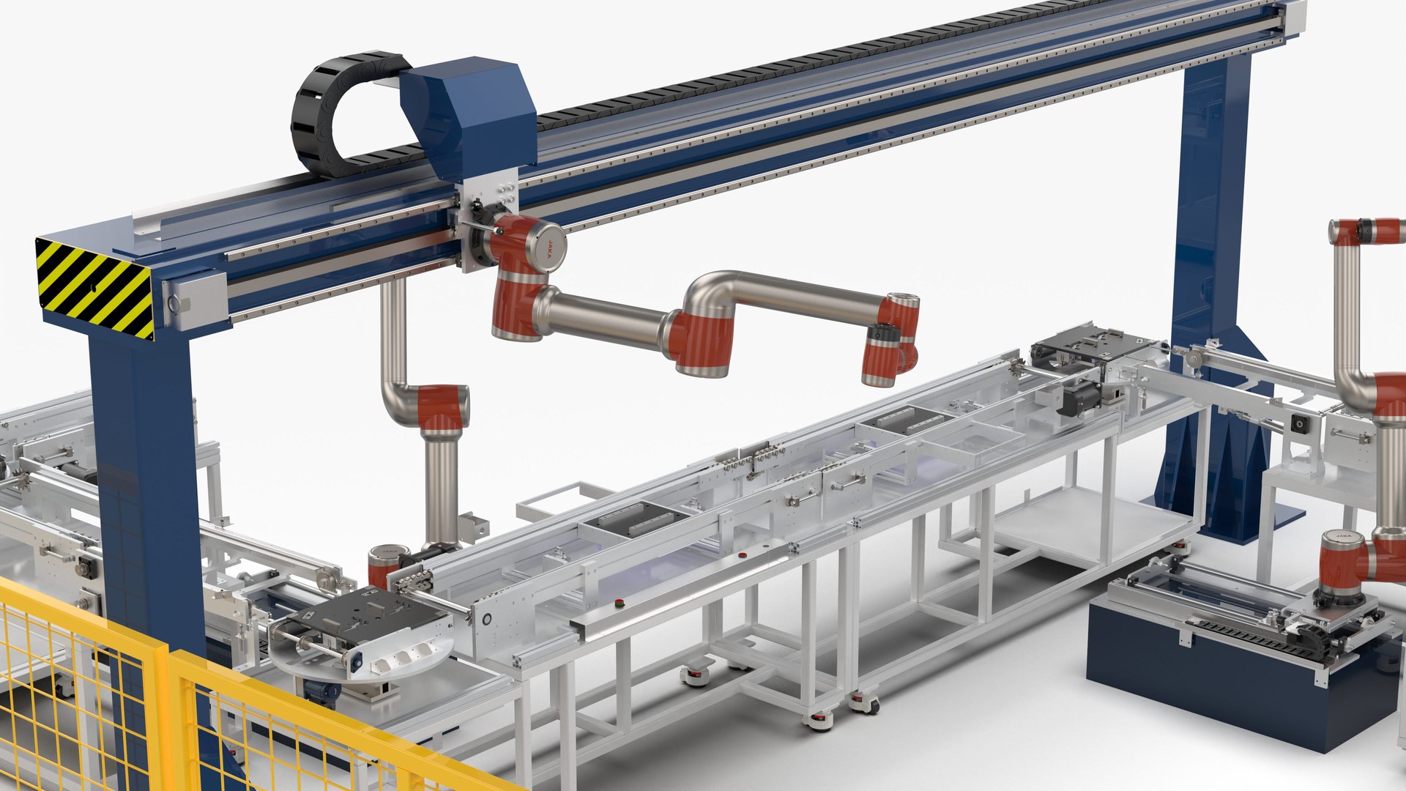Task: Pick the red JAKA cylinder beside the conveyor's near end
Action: [x=383, y=565]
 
